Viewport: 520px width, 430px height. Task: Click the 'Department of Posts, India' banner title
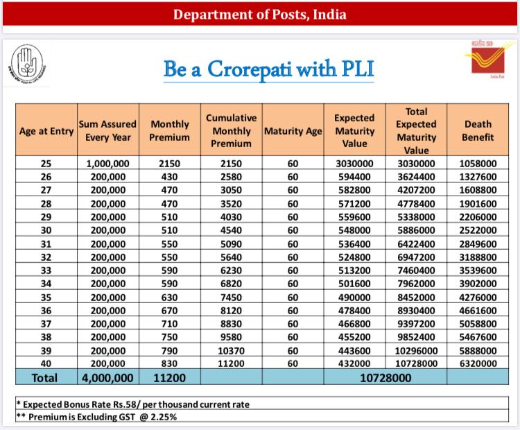tap(259, 15)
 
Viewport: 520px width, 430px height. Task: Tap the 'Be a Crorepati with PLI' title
tap(268, 69)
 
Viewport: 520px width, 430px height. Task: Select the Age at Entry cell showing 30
tap(46, 229)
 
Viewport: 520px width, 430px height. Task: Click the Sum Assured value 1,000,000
tap(108, 164)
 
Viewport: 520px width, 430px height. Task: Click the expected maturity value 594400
tap(354, 177)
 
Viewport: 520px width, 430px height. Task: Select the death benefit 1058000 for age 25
tap(478, 164)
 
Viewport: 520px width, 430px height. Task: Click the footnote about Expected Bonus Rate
tap(132, 404)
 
